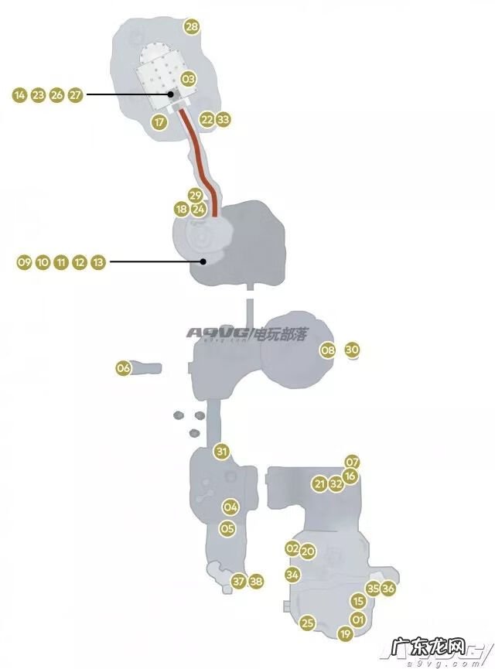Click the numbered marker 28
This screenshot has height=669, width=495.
point(191,27)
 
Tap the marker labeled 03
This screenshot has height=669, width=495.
point(189,79)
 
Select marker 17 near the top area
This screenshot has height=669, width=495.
point(159,121)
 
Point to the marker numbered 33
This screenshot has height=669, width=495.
point(224,119)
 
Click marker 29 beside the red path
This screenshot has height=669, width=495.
point(195,195)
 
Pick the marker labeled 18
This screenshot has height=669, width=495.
point(181,209)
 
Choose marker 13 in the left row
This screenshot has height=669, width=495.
point(98,262)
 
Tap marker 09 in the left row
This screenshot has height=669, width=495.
point(24,262)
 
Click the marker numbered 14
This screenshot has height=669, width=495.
point(20,95)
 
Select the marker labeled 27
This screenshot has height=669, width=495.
point(75,95)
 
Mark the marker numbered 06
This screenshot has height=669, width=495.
point(124,368)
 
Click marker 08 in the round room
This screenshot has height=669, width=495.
point(328,350)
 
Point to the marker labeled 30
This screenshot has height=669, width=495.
point(353,350)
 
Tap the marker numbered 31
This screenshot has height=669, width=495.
point(222,451)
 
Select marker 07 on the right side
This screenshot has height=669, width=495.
point(353,462)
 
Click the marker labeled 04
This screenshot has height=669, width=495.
point(230,507)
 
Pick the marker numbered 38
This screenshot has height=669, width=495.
point(256,582)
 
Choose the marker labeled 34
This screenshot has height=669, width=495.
point(292,575)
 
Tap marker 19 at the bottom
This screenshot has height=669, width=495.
point(345,634)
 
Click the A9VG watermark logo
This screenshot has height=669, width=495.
point(218,333)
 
